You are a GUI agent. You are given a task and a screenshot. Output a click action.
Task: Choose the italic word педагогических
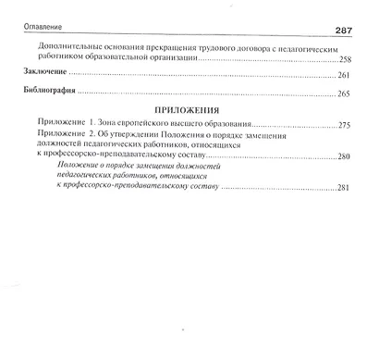pyautogui.click(x=100, y=178)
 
